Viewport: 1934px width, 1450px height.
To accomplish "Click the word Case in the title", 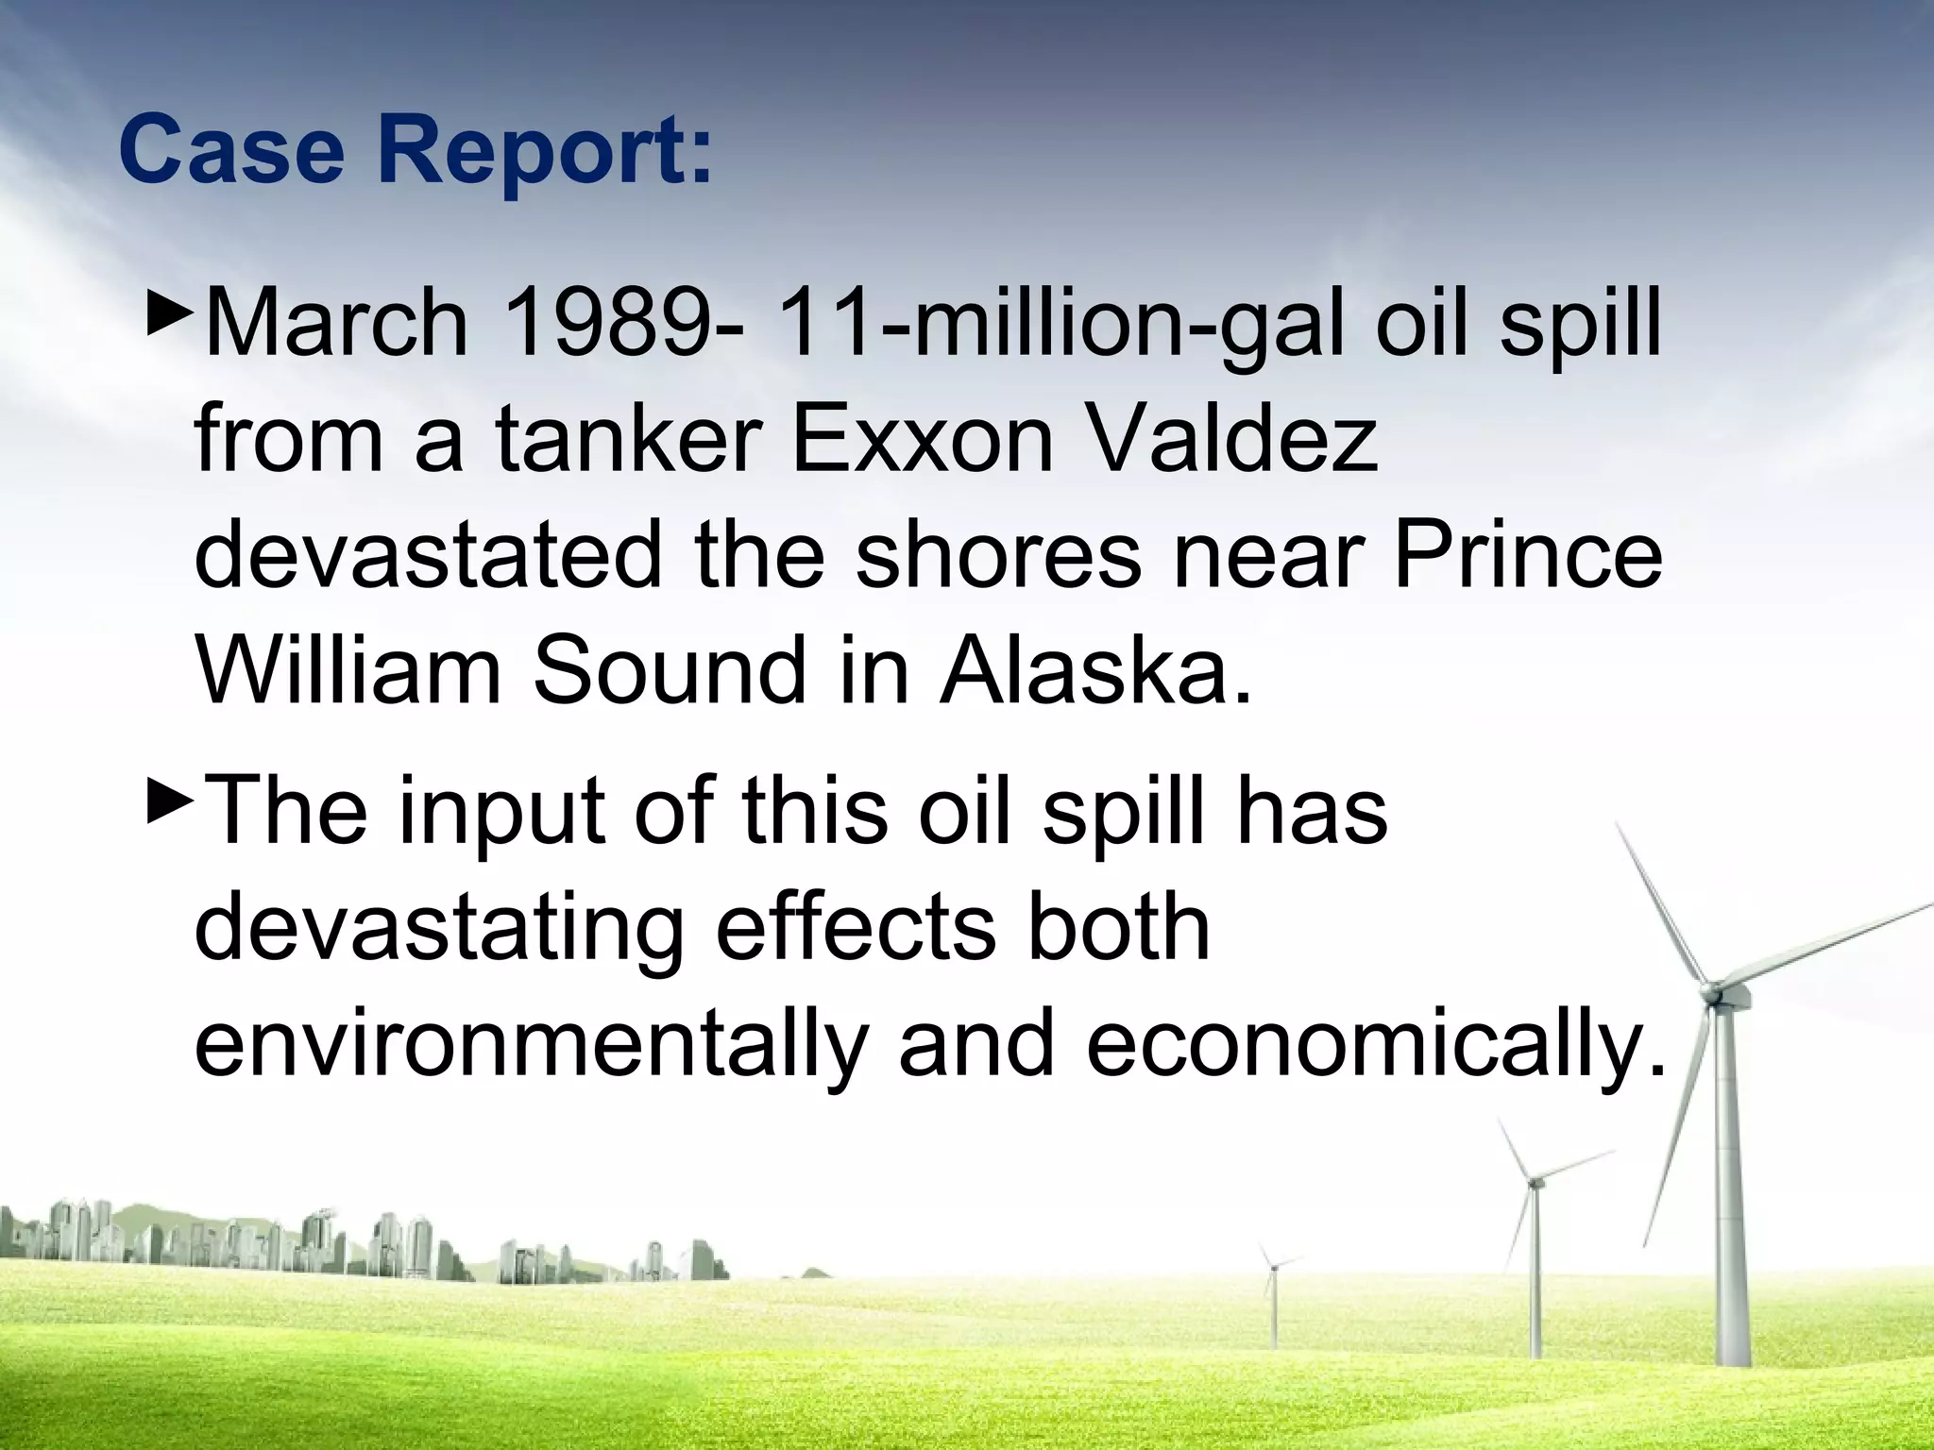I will (231, 151).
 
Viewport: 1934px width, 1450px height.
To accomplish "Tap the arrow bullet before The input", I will (171, 808).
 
